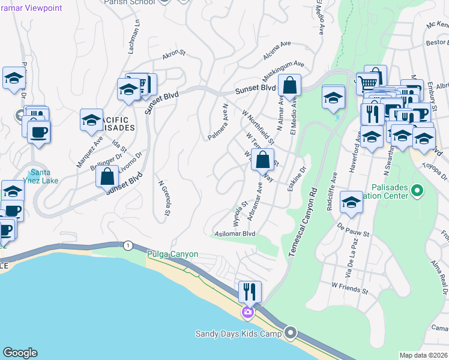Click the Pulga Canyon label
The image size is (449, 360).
(172, 254)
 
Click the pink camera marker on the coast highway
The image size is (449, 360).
(247, 312)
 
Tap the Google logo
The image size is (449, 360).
(20, 352)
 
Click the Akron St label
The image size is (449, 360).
(175, 56)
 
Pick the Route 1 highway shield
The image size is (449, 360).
(127, 245)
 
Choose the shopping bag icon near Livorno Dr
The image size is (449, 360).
(107, 177)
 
